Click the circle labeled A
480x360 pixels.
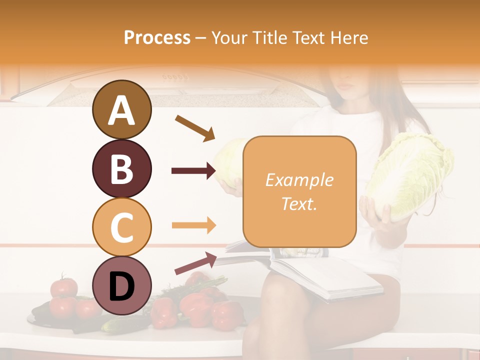point(121,110)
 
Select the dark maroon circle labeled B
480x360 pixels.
point(121,168)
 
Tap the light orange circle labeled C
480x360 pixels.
point(121,227)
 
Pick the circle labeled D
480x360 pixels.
point(121,285)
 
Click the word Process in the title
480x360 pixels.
point(157,38)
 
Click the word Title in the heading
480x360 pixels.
point(267,38)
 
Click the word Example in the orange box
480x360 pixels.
point(299,180)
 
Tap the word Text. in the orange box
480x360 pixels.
point(299,204)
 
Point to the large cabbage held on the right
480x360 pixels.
point(410,175)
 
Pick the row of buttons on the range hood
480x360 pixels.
point(175,77)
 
